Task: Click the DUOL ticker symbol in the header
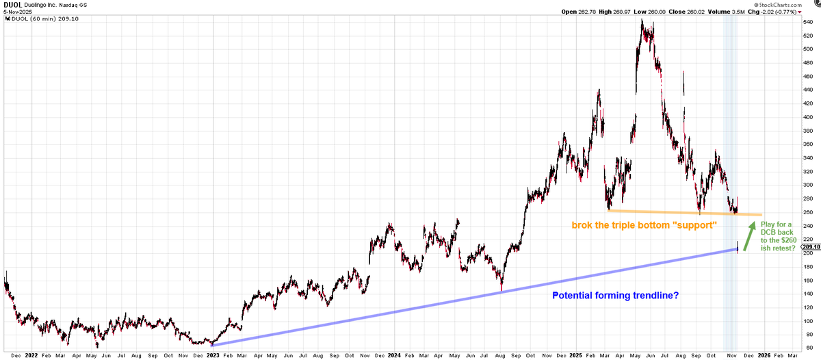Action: (13, 3)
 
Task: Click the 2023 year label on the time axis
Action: (213, 356)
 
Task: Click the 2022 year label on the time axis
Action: (31, 356)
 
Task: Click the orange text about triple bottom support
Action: (644, 224)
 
